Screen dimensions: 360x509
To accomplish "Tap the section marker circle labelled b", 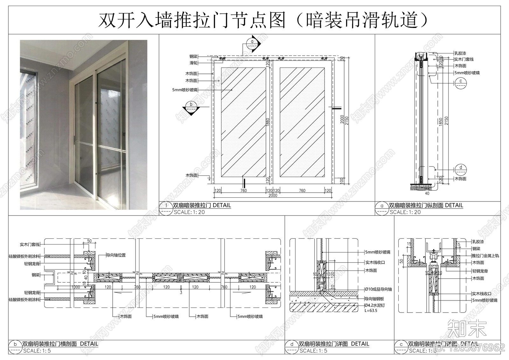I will (191, 104).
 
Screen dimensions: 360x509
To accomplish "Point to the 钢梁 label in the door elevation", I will (193, 57).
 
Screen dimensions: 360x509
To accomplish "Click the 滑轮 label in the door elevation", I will (193, 63).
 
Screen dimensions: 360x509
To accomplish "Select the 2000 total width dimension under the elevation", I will (273, 195).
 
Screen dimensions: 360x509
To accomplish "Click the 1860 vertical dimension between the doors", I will (268, 123).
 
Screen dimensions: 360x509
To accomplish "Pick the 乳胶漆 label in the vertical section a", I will (460, 53).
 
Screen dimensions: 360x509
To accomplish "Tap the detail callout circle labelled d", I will (461, 168).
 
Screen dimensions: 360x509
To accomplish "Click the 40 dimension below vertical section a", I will (427, 193).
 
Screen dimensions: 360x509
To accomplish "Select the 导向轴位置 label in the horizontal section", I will (116, 255).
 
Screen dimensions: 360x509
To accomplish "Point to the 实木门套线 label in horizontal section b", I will (30, 245).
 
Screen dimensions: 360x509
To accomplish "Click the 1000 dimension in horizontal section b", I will (76, 287).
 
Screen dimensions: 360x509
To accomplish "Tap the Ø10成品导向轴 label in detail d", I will (379, 289).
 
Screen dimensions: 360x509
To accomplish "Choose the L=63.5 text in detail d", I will (371, 311).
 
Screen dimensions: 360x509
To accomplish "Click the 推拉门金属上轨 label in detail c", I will (485, 256).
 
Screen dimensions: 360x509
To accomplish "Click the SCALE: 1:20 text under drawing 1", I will (189, 212).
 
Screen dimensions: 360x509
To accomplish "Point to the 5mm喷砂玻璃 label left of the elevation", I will (185, 90).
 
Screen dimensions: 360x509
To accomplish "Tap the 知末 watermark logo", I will (467, 329).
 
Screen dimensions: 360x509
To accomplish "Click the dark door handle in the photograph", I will (96, 104).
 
